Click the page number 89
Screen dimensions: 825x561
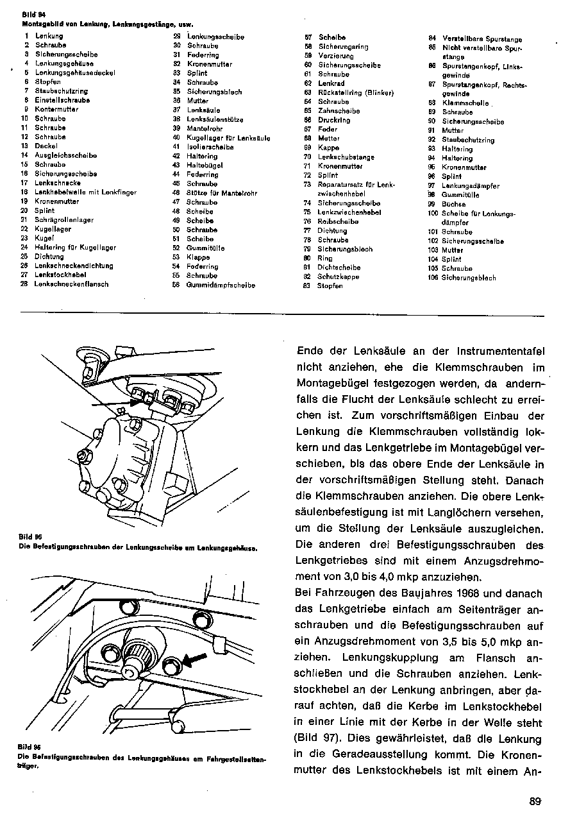coord(536,800)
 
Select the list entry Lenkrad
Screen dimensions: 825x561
coord(331,83)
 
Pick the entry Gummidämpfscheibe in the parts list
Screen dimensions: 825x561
coord(221,285)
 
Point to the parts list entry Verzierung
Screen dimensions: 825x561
coord(335,56)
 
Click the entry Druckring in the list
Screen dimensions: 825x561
coord(334,120)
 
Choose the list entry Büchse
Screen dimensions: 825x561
coord(453,204)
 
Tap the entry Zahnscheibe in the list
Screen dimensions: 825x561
coord(339,111)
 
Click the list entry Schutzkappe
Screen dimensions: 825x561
coord(338,276)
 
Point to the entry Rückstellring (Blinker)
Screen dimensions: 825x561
coord(355,92)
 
